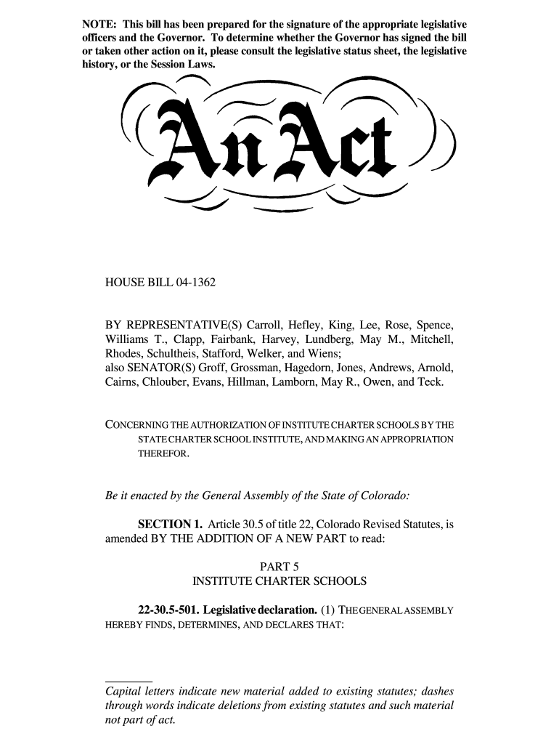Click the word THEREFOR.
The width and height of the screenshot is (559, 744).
click(x=164, y=454)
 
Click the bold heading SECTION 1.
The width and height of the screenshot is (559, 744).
click(x=170, y=523)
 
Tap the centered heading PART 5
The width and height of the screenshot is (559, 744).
click(x=279, y=566)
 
